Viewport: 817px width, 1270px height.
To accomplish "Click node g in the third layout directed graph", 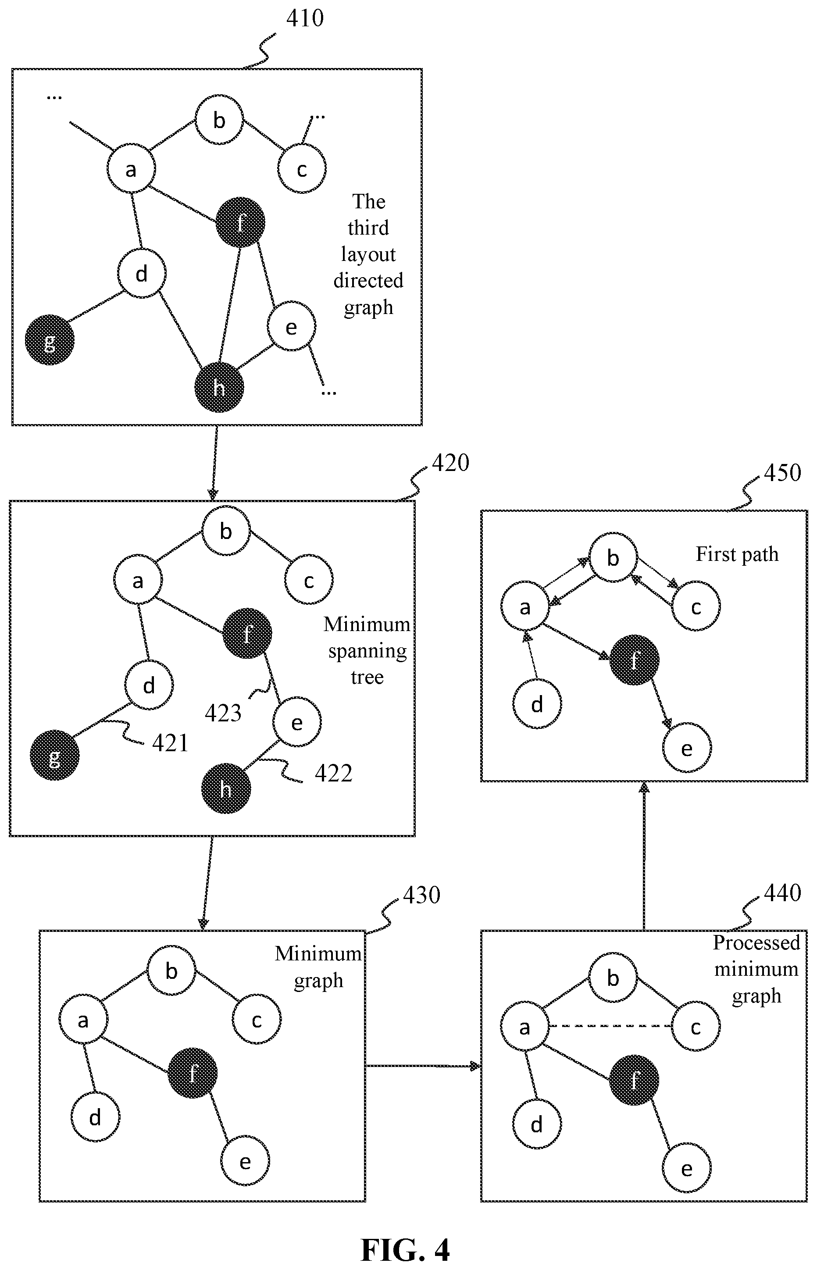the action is pyautogui.click(x=50, y=340).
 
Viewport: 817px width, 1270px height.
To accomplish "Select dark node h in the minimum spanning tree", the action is pyautogui.click(x=226, y=789).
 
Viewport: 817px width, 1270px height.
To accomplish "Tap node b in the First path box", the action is pyautogui.click(x=613, y=558).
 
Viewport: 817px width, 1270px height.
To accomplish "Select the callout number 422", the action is pyautogui.click(x=334, y=774).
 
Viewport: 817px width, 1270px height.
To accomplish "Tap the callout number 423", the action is pyautogui.click(x=223, y=713).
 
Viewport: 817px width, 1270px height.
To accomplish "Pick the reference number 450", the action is pyautogui.click(x=782, y=473).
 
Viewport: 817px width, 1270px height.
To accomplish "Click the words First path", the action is pyautogui.click(x=737, y=554).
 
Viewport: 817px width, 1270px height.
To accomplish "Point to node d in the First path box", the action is pyautogui.click(x=537, y=704).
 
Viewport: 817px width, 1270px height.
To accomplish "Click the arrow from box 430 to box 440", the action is pyautogui.click(x=423, y=1066).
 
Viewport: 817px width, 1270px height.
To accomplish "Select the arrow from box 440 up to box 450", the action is pyautogui.click(x=644, y=856).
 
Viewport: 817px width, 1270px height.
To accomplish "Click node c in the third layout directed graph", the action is pyautogui.click(x=302, y=169).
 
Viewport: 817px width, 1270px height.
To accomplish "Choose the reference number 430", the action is pyautogui.click(x=422, y=895).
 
